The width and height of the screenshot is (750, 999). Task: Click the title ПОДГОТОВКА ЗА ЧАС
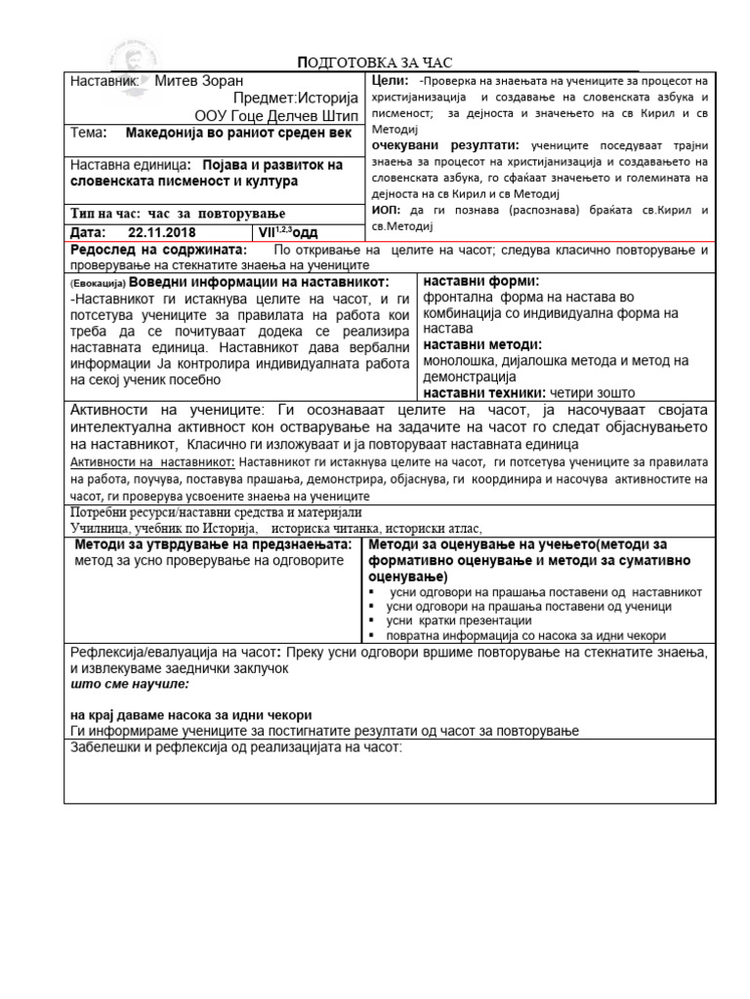point(375,63)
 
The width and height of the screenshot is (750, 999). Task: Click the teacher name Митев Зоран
point(198,81)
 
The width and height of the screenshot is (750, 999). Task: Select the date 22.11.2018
point(160,232)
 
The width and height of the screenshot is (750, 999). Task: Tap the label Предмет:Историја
point(296,99)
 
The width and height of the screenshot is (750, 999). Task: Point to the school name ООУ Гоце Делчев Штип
point(278,116)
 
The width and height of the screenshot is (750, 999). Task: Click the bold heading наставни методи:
point(482,344)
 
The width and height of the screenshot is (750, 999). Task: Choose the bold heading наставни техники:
point(484,392)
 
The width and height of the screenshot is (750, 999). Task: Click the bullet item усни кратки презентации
point(459,620)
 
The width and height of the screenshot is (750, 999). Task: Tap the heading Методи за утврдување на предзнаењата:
point(211,544)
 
